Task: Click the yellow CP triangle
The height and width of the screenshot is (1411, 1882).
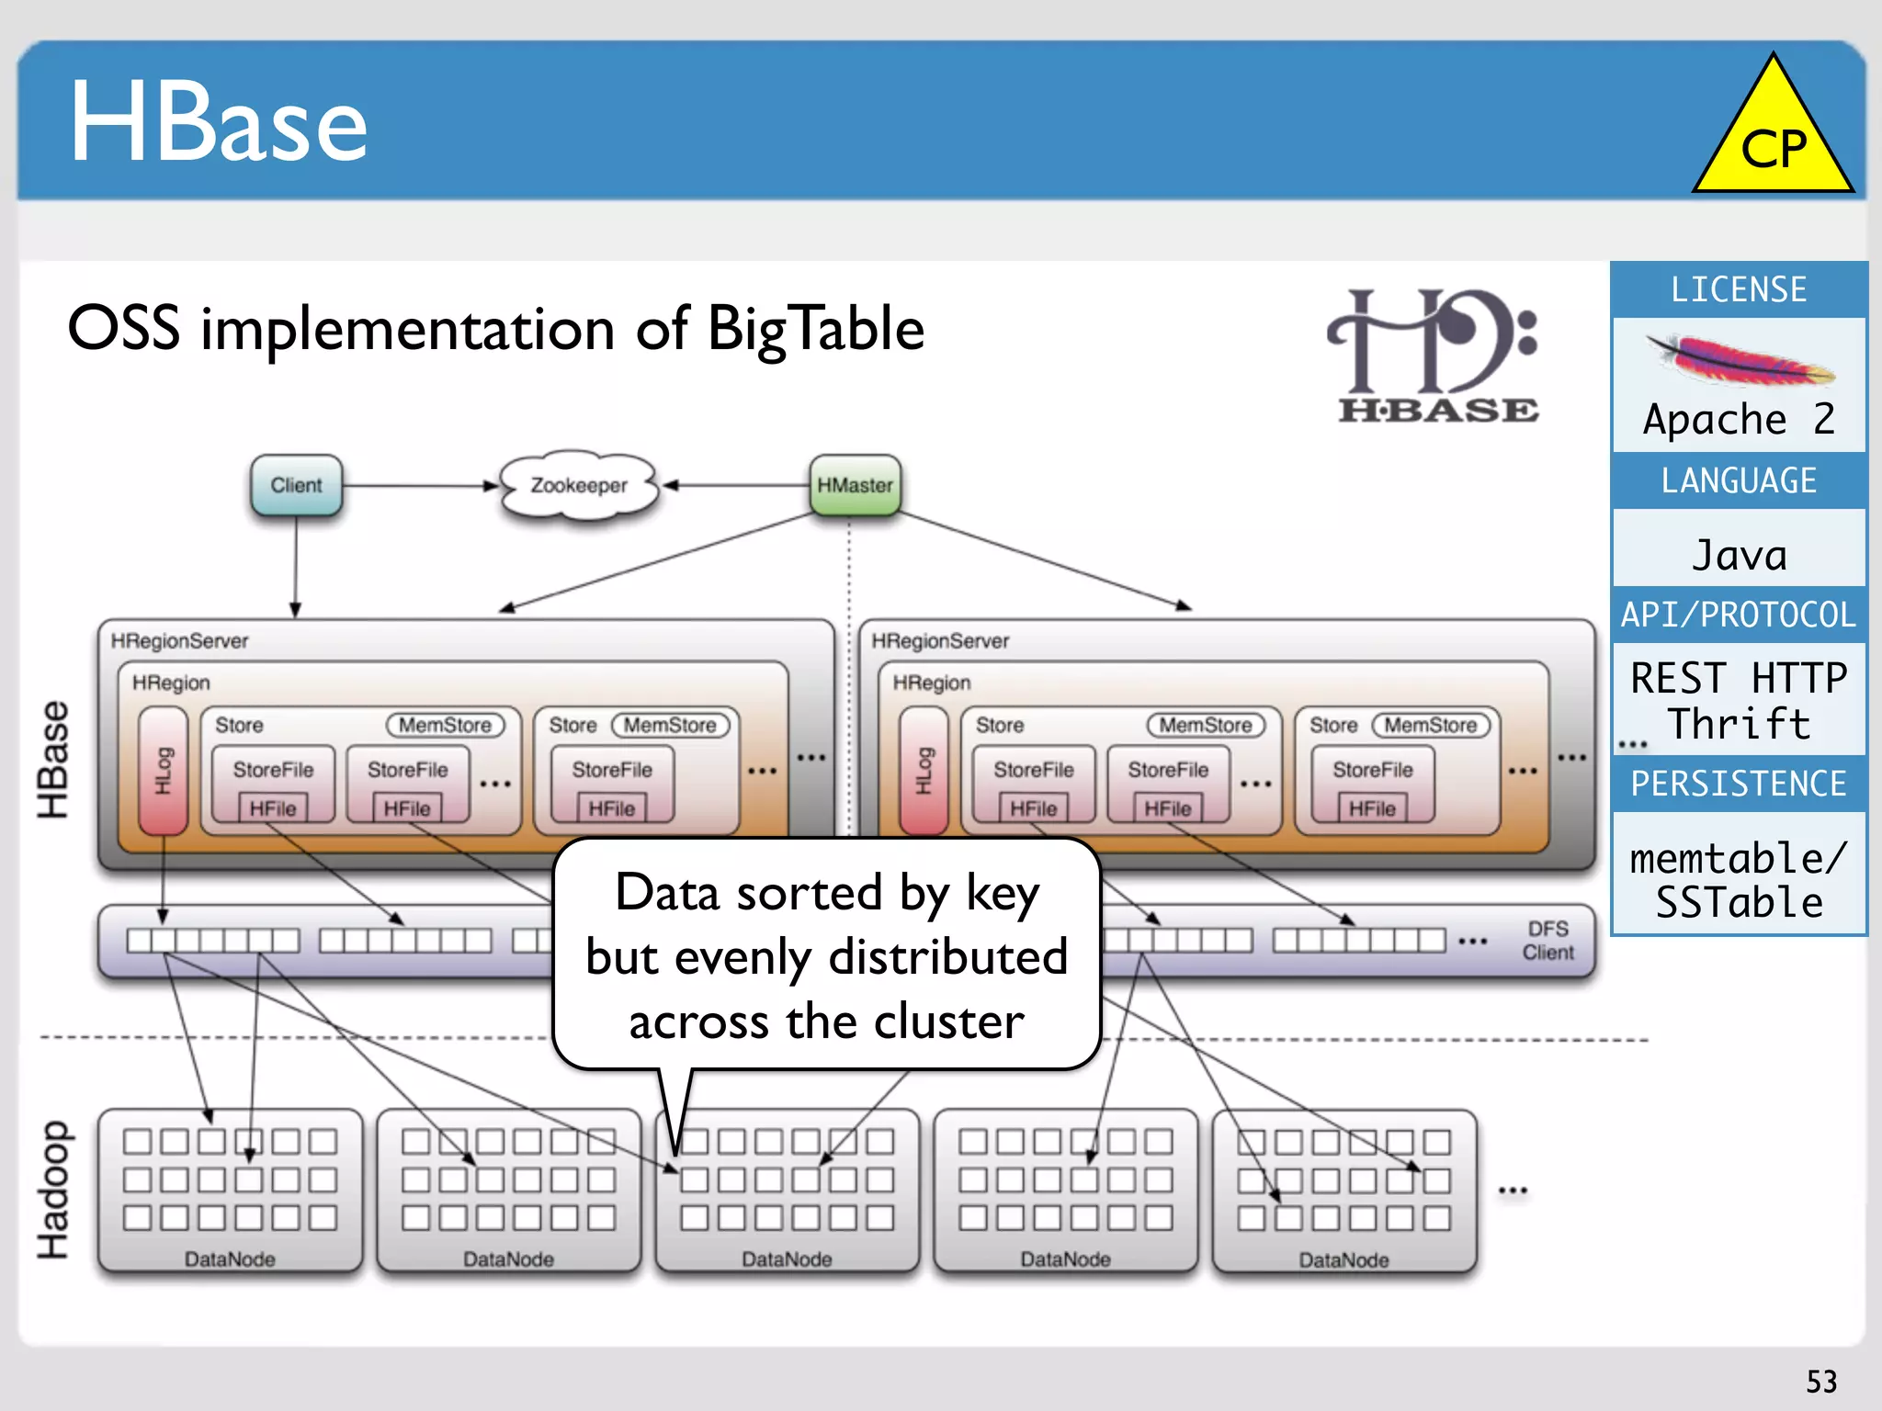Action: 1773,138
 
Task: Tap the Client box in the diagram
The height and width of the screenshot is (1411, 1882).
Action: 296,485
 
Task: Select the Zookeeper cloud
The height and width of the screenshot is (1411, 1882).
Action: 579,485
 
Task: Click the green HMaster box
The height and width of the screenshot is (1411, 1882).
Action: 855,485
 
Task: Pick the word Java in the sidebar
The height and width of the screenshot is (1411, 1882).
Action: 1740,556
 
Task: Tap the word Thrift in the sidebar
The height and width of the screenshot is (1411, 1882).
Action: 1740,724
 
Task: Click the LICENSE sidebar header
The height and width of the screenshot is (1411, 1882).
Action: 1739,290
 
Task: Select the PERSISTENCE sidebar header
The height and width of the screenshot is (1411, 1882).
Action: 1739,784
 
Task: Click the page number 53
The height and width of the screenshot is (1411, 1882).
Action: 1821,1382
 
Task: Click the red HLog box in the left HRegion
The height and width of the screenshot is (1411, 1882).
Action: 163,770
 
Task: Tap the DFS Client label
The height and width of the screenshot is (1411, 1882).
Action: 1548,941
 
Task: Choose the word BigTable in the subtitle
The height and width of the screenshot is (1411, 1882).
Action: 816,329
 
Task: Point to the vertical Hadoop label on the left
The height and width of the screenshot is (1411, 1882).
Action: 53,1190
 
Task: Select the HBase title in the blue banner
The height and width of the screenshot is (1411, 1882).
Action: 219,121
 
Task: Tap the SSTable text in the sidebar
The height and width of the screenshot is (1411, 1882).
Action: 1740,903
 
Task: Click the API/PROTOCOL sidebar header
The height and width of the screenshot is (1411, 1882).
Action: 1739,615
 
